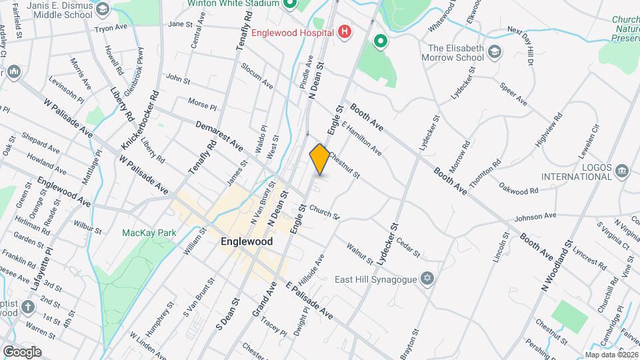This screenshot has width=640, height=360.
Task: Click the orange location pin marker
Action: [x=319, y=159]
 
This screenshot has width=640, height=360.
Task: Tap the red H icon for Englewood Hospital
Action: [x=344, y=31]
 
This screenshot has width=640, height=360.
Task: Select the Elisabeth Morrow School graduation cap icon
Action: [x=494, y=51]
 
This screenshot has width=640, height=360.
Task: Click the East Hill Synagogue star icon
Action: [x=427, y=278]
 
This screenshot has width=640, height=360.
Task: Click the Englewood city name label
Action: [x=246, y=242]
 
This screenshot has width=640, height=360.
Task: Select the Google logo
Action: [x=22, y=351]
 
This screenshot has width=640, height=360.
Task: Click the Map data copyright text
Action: [x=611, y=355]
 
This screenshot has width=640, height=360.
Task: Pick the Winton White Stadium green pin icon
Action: [x=289, y=5]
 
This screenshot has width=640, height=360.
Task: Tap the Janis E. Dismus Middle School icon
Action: [x=102, y=9]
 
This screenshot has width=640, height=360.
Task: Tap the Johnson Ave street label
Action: [x=535, y=216]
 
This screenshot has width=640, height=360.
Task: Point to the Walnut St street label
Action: [x=359, y=253]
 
